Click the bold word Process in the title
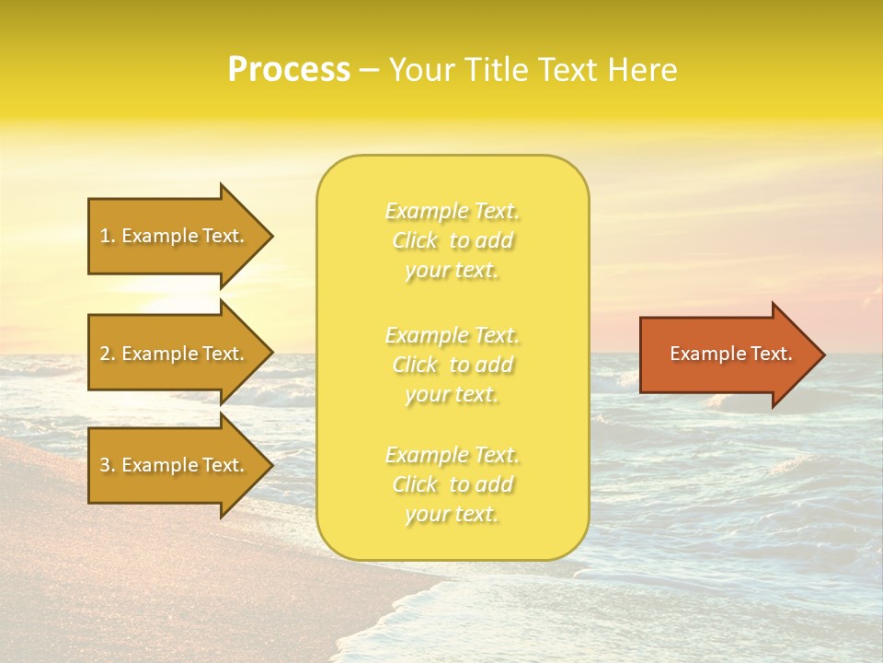tap(289, 70)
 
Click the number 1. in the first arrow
tap(108, 236)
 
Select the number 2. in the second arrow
tap(108, 354)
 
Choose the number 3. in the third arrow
tap(108, 465)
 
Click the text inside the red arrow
tap(730, 354)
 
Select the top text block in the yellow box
tap(452, 240)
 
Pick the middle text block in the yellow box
tap(452, 365)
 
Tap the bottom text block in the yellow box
tap(452, 484)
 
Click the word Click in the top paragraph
tap(416, 241)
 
